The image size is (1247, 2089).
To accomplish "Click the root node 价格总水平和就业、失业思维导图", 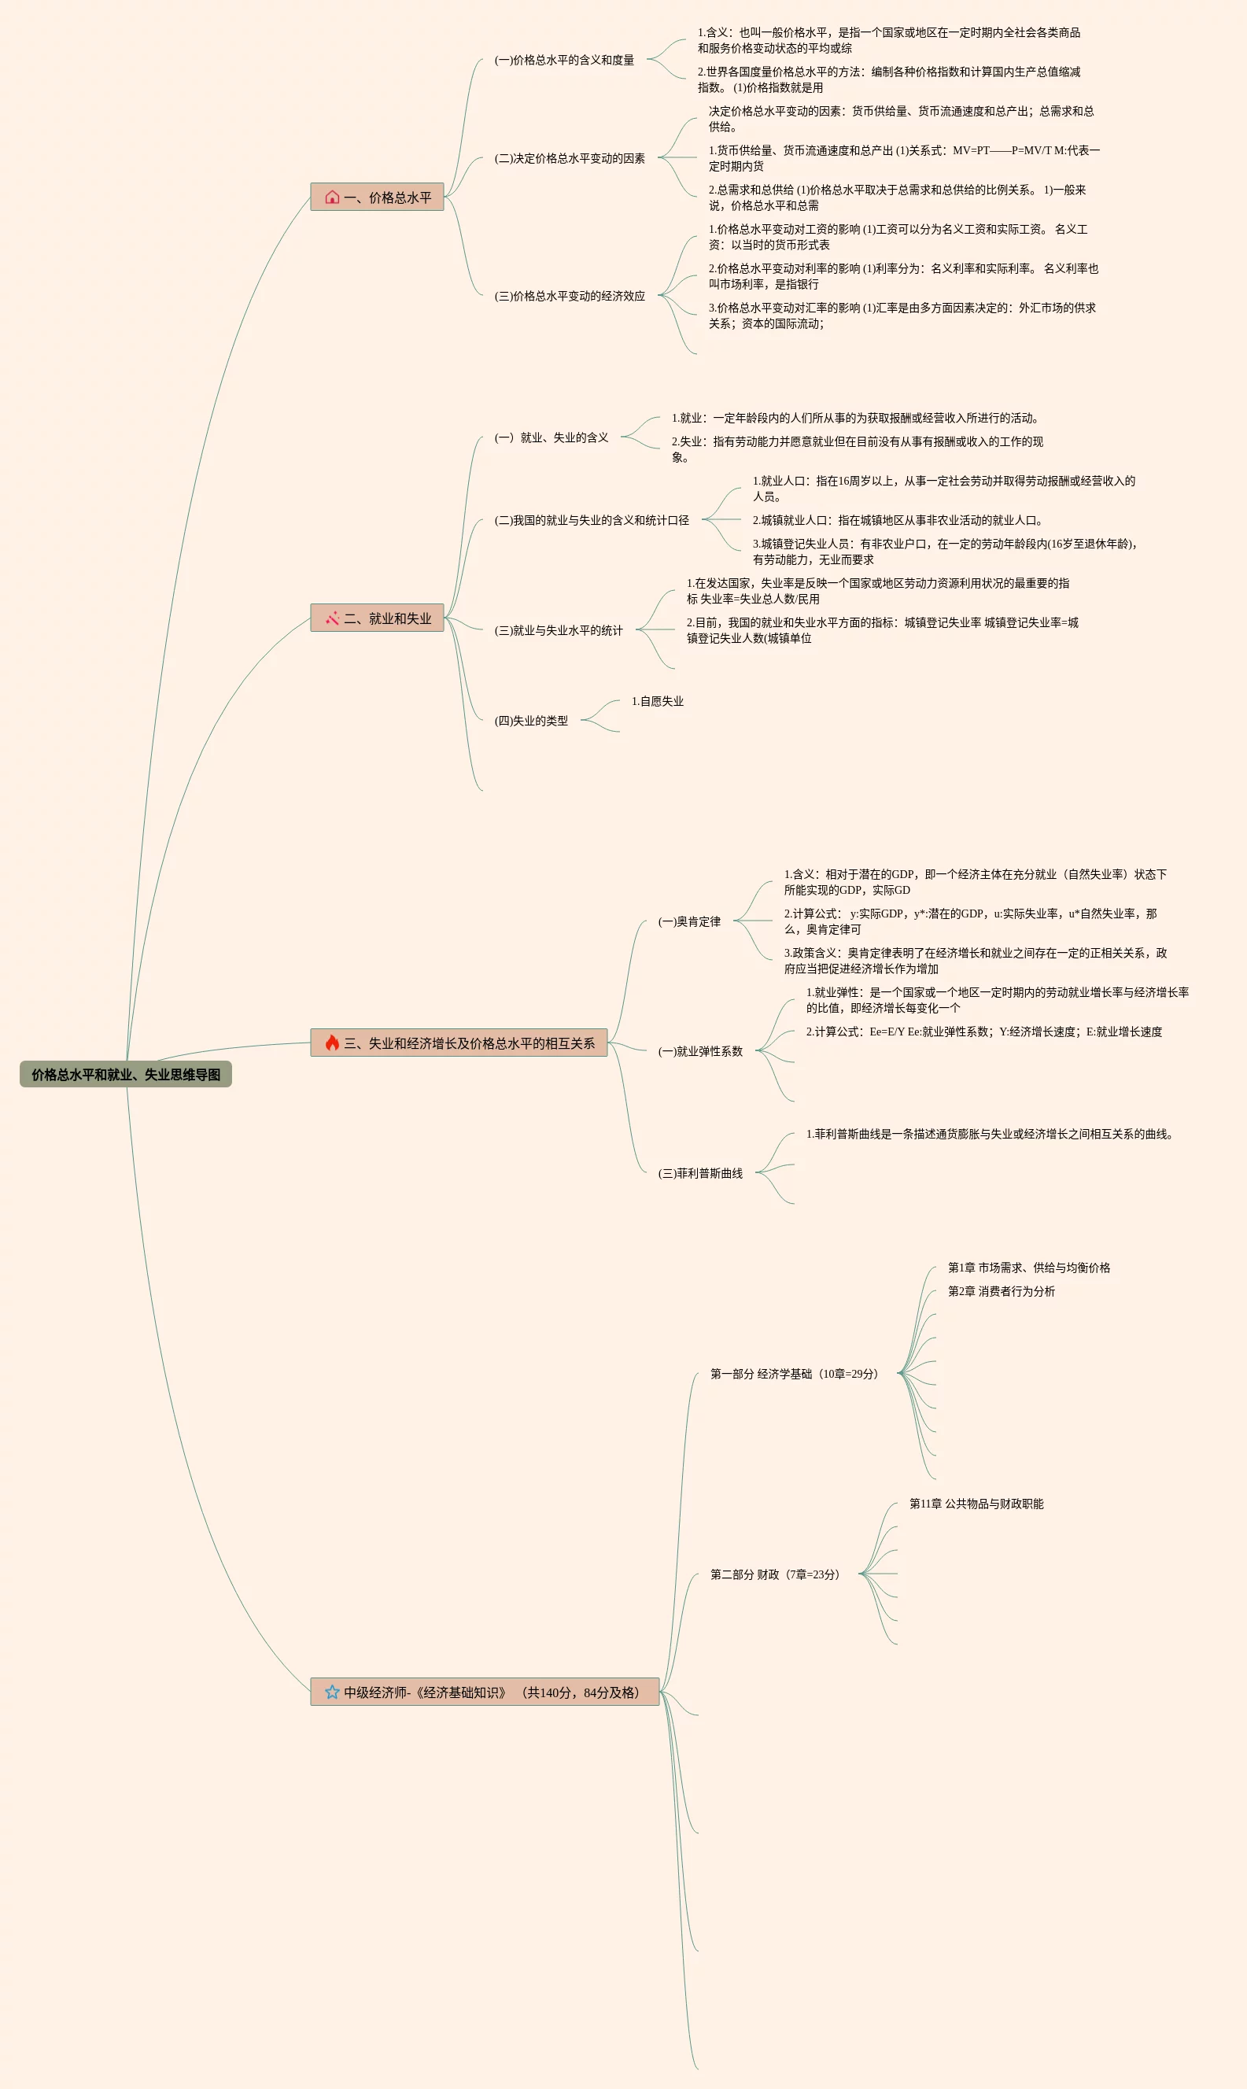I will (126, 1074).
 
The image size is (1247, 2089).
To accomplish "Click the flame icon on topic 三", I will (332, 1043).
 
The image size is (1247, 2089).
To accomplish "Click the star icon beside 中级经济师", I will (332, 1692).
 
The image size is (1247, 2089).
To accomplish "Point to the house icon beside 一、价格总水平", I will (332, 197).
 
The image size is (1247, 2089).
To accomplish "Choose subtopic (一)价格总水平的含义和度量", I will (564, 60).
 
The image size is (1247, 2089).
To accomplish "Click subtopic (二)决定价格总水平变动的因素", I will (570, 158).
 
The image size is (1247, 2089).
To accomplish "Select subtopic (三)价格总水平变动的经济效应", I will (570, 296).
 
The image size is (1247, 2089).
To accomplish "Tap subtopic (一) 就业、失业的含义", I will (552, 437).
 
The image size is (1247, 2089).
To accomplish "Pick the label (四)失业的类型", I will (531, 720).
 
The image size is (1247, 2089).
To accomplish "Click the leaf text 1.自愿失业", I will (657, 701).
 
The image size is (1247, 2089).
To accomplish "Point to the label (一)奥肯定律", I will (689, 921).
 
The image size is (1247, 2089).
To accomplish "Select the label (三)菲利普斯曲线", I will (700, 1172).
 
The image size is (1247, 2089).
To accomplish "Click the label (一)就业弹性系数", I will (700, 1050).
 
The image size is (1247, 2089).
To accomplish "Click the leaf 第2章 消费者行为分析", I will (1001, 1290).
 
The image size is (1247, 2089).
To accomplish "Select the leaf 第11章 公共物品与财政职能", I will (976, 1504).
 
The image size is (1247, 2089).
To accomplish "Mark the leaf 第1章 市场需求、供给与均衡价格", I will (1028, 1268).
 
